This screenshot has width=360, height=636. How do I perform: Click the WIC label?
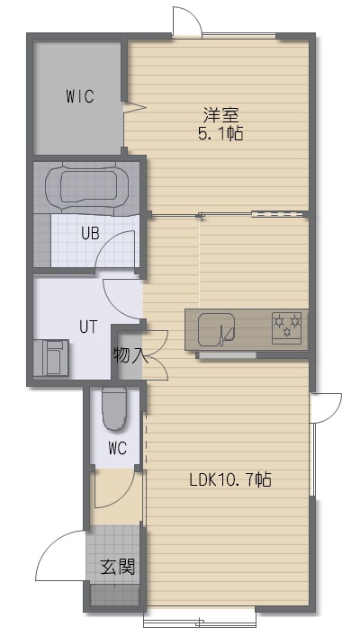coord(80,96)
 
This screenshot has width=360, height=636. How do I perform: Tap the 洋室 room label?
coord(220,116)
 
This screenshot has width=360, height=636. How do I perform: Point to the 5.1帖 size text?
coord(220,133)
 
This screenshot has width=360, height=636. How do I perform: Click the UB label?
coord(90,234)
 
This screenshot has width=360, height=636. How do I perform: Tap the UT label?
coord(88,327)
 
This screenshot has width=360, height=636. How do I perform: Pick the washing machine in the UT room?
coord(50,358)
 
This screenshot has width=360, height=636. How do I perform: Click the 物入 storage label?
coord(128,355)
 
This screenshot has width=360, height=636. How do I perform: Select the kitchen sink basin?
coord(217,330)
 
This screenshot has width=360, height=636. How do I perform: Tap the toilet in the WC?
coord(114,408)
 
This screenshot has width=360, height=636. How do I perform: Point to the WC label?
coord(117,448)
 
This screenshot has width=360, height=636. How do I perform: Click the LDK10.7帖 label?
coord(230,480)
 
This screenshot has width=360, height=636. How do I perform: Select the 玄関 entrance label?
coord(118,567)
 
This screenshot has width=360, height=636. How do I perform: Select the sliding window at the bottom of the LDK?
coord(200,621)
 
